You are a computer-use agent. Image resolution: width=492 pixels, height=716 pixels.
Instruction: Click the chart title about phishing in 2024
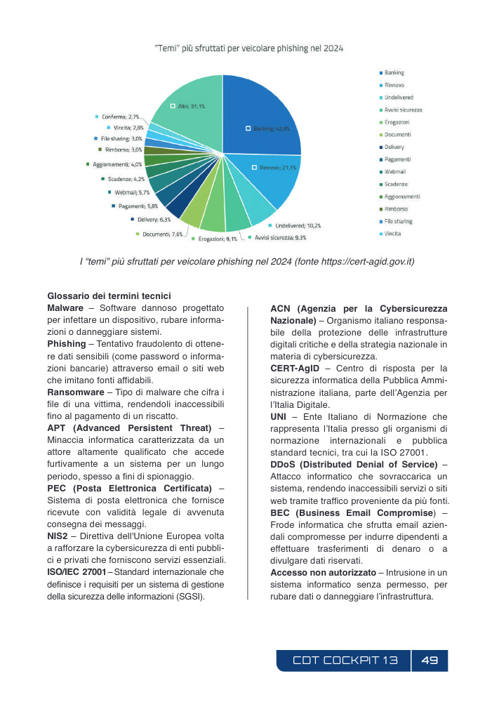click(248, 49)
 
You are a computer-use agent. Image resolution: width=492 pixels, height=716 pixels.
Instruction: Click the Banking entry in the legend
click(394, 72)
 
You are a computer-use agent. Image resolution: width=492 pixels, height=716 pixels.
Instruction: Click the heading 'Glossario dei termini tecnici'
click(109, 296)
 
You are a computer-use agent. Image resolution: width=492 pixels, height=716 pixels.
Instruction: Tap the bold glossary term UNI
click(279, 417)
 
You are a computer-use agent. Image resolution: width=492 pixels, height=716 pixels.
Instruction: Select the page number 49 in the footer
click(430, 661)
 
